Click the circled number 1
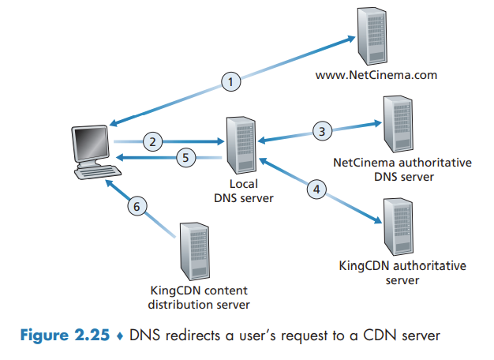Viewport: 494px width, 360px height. pos(229,81)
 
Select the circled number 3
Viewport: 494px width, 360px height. pos(320,131)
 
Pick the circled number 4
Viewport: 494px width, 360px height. pos(315,189)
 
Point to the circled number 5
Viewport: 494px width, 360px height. pos(185,158)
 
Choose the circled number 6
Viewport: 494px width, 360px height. pos(137,206)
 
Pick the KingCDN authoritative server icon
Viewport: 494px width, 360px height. pos(396,226)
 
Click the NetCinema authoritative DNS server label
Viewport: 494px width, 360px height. pos(402,169)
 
